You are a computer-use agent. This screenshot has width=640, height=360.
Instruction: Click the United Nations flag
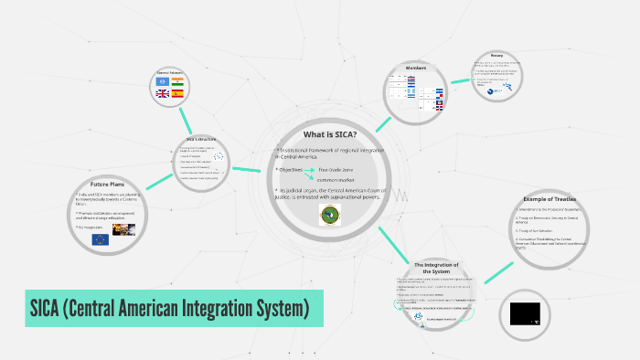coord(165,80)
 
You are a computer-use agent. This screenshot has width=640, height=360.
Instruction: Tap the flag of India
coord(178,80)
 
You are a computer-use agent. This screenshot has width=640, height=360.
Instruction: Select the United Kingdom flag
coord(165,93)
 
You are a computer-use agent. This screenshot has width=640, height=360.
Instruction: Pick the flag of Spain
coord(178,93)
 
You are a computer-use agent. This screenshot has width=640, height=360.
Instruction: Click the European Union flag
coord(100,239)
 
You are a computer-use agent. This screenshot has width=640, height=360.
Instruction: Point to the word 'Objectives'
coord(294,170)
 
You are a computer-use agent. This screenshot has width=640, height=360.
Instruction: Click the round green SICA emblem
coord(329,215)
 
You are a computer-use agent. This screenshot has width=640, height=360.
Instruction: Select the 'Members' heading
coord(416,66)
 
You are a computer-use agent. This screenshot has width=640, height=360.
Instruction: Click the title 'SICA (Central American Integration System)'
coord(165,309)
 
